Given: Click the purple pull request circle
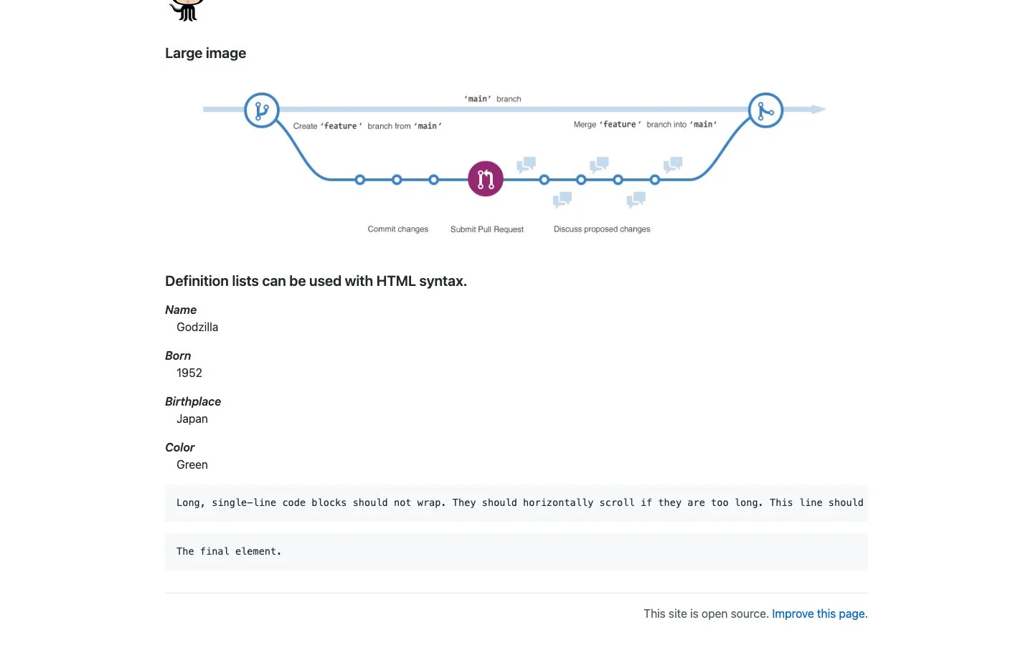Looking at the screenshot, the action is pyautogui.click(x=485, y=178).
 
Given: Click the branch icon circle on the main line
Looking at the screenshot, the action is pyautogui.click(x=261, y=110).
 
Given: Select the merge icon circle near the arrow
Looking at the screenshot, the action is pyautogui.click(x=765, y=110).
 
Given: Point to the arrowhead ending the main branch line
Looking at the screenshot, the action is pyautogui.click(x=819, y=109).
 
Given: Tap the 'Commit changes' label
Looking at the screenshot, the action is pyautogui.click(x=397, y=229).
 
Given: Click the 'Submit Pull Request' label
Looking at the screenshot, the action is pyautogui.click(x=487, y=229).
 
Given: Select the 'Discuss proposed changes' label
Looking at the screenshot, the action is pyautogui.click(x=602, y=229).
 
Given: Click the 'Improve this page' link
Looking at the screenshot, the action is pyautogui.click(x=818, y=613).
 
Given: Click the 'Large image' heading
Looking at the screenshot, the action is pyautogui.click(x=206, y=54).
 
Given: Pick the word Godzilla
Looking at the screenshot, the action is pyautogui.click(x=197, y=327).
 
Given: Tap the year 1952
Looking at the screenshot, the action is pyautogui.click(x=189, y=373).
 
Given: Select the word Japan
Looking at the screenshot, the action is pyautogui.click(x=192, y=419).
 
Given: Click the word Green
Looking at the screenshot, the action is pyautogui.click(x=192, y=464).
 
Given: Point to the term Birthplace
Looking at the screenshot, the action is pyautogui.click(x=193, y=402).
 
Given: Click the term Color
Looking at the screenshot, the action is pyautogui.click(x=180, y=447).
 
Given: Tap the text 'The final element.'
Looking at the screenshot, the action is pyautogui.click(x=229, y=551).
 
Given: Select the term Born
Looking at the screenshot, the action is pyautogui.click(x=178, y=355).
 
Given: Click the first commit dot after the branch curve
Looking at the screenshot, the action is pyautogui.click(x=360, y=180).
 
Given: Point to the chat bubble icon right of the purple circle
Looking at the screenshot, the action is pyautogui.click(x=527, y=165).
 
